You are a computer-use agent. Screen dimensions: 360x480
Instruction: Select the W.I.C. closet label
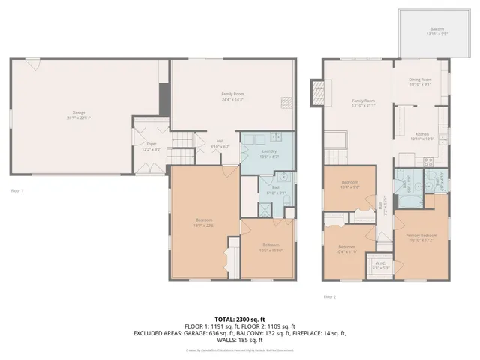pos(381,262)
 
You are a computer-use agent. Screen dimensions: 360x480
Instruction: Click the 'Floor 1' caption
pos(17,190)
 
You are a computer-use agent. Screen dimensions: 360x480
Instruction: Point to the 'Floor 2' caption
pos(330,297)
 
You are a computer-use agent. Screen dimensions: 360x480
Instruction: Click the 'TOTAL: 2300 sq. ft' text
pos(239,319)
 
